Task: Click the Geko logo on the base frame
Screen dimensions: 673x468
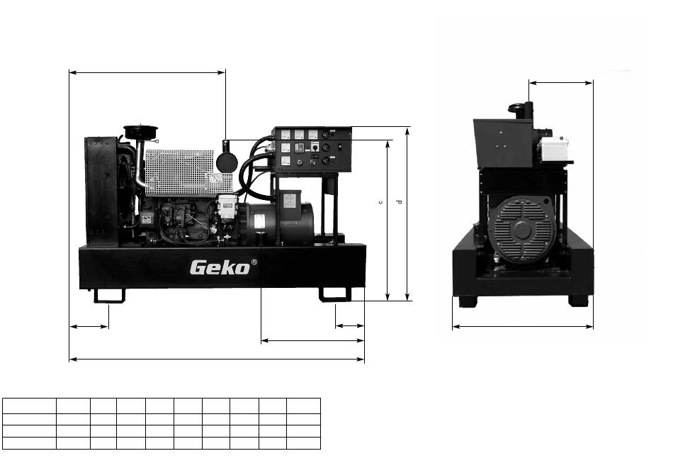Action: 220,267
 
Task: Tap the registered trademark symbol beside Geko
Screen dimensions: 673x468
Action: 254,262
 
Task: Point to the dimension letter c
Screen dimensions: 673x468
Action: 380,202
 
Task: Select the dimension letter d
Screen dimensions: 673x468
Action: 400,201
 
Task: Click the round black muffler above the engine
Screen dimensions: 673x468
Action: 227,161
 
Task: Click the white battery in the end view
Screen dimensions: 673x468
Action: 554,149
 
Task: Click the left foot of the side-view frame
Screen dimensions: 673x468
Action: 109,296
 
